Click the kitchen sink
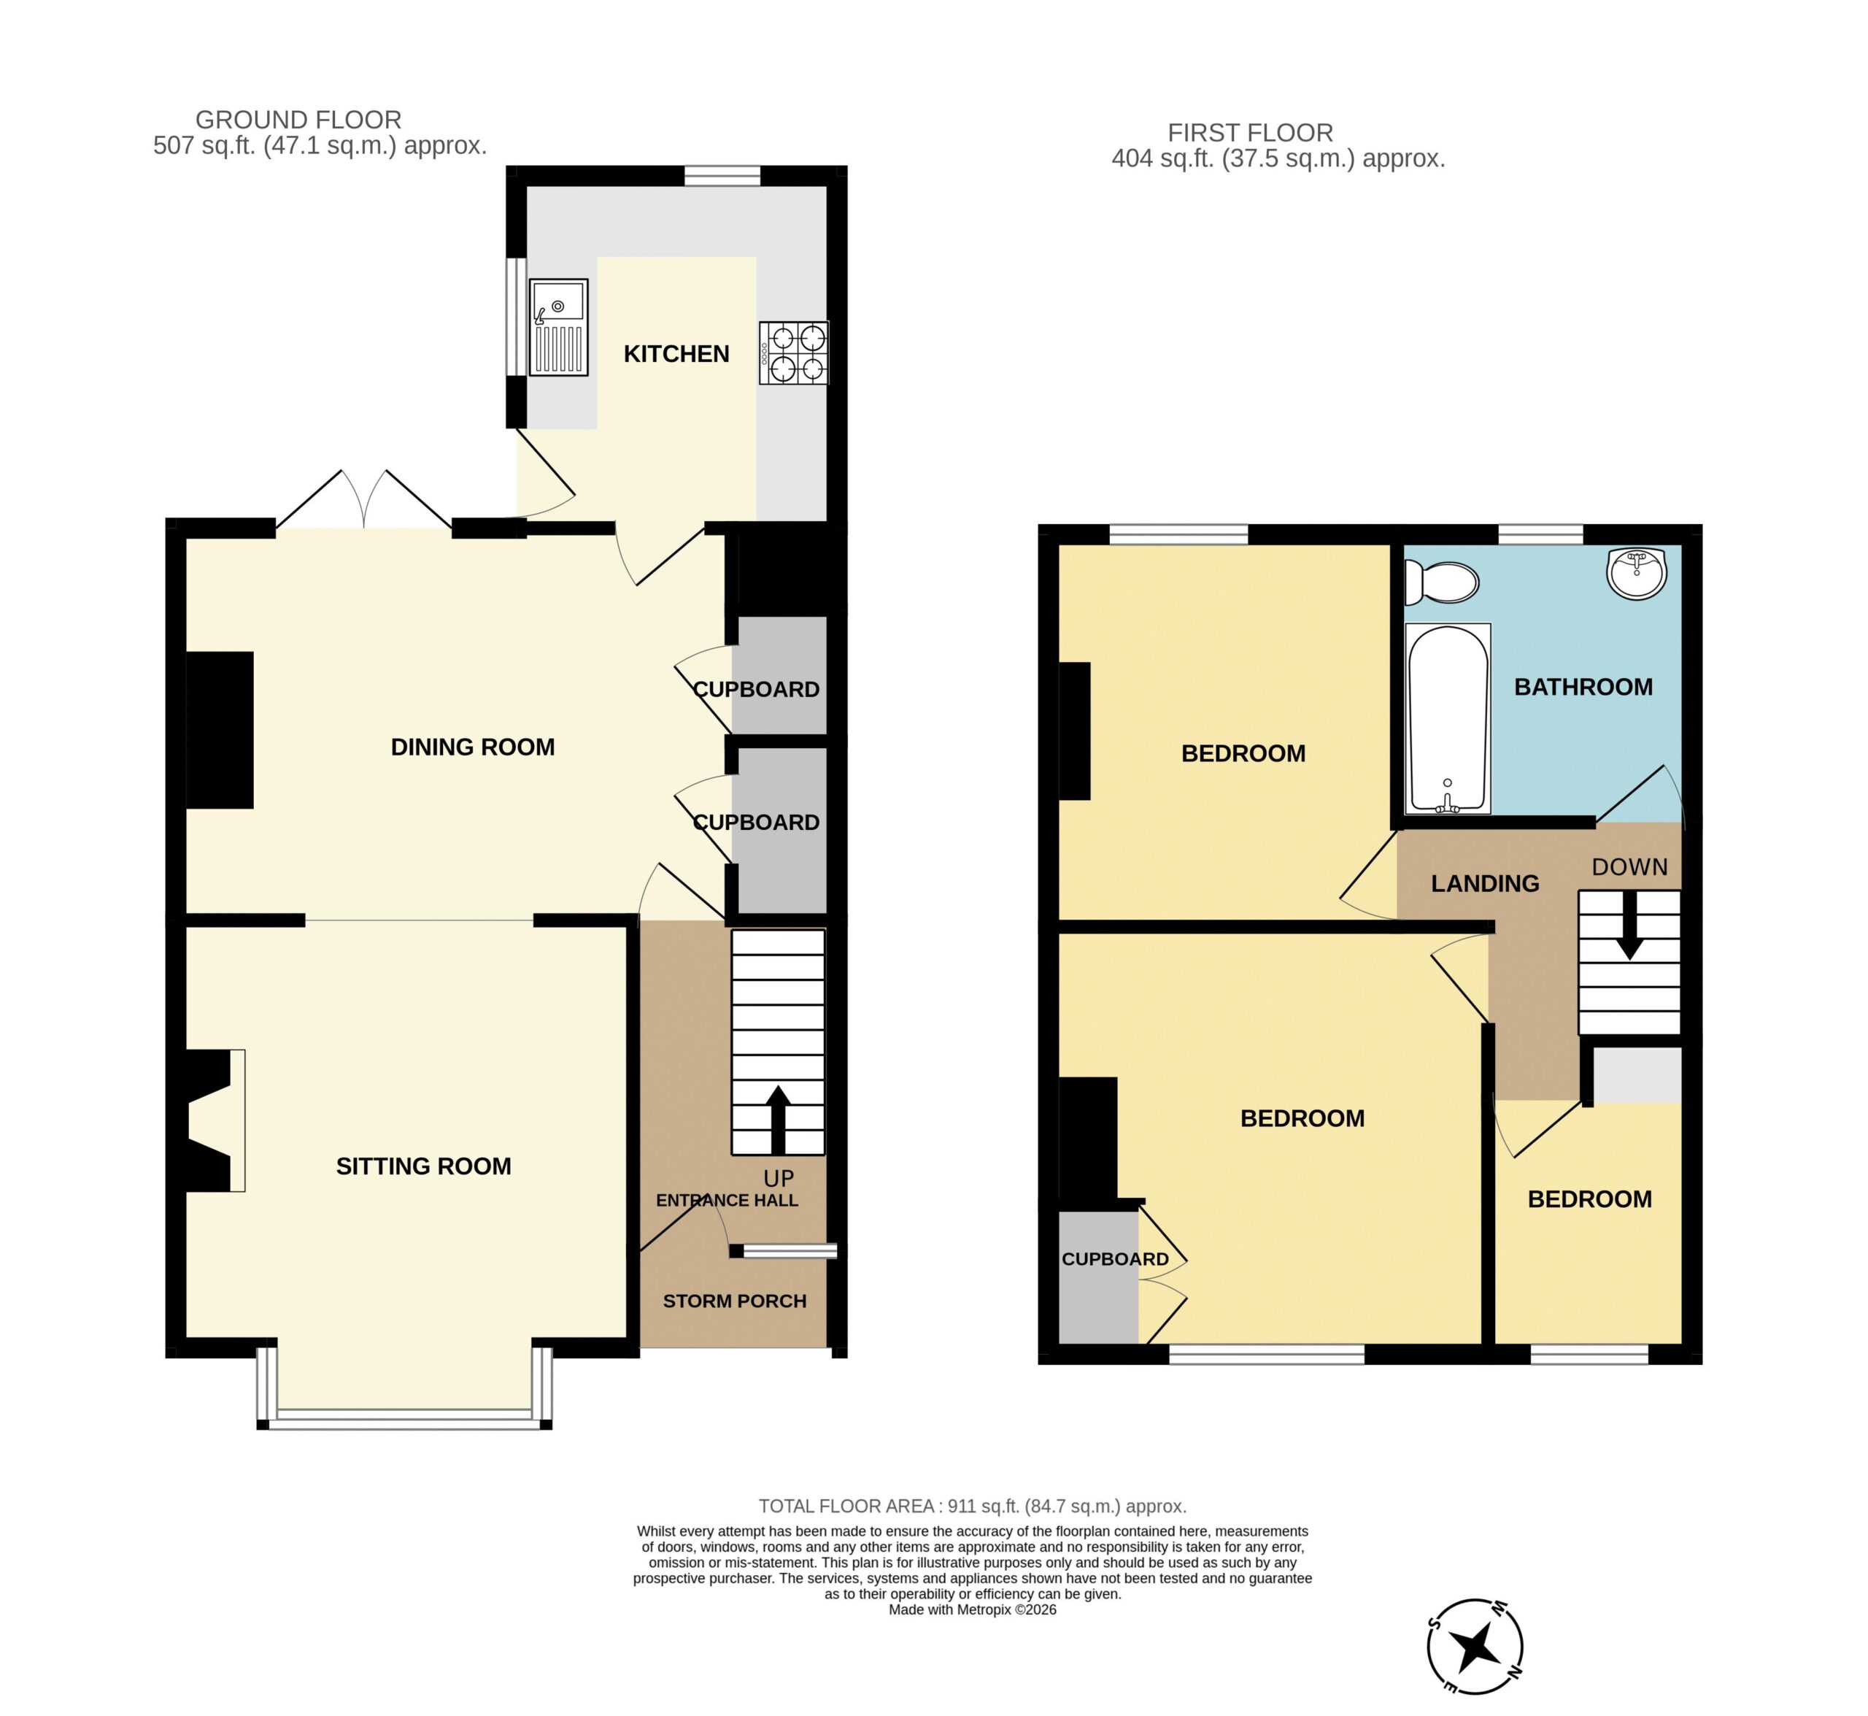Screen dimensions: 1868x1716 tap(558, 327)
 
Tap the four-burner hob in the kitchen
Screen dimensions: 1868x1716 tap(794, 353)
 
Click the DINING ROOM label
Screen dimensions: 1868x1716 tap(473, 747)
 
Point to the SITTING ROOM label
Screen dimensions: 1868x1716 tap(423, 1166)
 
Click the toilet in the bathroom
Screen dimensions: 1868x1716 tap(1441, 582)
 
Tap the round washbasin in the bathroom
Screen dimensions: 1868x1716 tap(1637, 573)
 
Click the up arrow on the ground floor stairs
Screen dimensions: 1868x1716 tap(778, 1120)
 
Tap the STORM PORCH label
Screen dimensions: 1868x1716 tap(734, 1301)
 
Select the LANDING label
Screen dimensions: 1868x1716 tap(1485, 883)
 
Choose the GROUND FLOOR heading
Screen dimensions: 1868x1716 tap(298, 120)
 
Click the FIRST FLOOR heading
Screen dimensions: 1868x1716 tap(1250, 133)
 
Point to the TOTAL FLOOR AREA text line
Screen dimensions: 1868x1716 tap(972, 1506)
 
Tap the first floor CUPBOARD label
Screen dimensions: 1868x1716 tap(1114, 1259)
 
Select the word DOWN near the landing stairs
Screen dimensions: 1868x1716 tap(1629, 866)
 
